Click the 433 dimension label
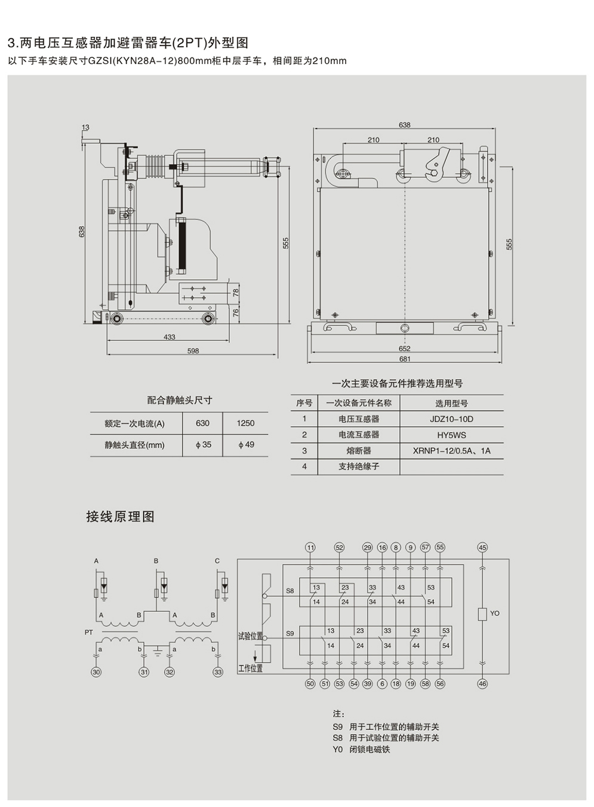tap(170, 337)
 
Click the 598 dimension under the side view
tap(193, 351)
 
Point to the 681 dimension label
tap(405, 359)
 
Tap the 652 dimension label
tap(405, 349)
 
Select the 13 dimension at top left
tap(85, 127)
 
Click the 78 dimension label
tap(236, 293)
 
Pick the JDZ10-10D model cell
tap(451, 419)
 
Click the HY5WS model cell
tap(451, 435)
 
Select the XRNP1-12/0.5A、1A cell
tap(451, 451)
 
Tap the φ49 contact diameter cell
tap(246, 445)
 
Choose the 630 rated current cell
tap(202, 423)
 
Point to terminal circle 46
tap(482, 684)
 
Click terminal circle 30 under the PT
tap(96, 672)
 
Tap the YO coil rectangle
tap(482, 615)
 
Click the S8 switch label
tap(290, 591)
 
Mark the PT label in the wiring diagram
tap(88, 632)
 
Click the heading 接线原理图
tap(121, 517)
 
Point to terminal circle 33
tap(218, 672)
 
